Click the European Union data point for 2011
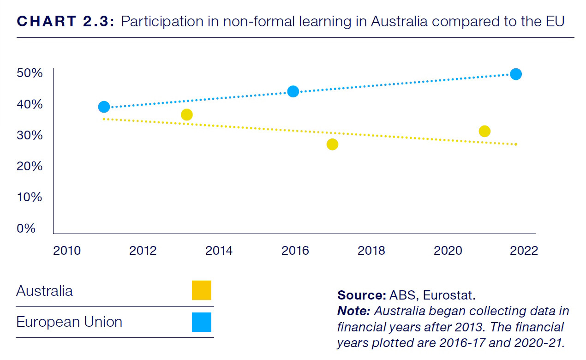104,107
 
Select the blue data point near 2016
293,91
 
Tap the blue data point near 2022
516,74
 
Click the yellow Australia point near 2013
186,114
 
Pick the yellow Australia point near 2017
332,144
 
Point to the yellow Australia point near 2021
484,132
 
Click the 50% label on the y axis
29,73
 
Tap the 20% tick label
29,166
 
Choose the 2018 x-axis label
371,251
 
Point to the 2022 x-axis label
524,251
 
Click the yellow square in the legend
202,290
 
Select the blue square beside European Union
202,322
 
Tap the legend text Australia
44,291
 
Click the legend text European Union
69,322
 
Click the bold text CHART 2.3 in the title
65,22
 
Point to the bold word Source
357,295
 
